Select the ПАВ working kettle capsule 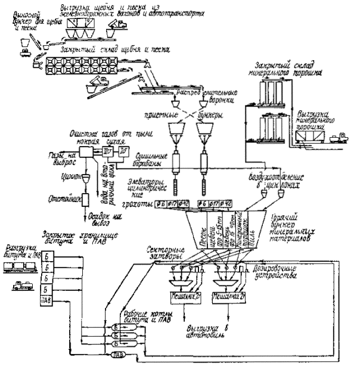[x=117, y=355]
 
